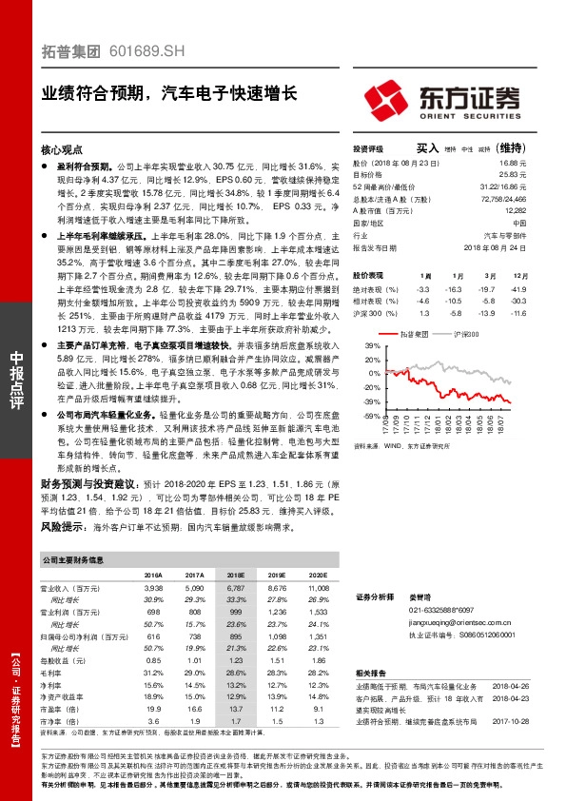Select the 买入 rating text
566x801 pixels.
click(427, 148)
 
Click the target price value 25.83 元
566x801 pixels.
click(513, 175)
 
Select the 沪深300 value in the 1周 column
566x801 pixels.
click(424, 312)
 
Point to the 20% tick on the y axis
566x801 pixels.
click(372, 360)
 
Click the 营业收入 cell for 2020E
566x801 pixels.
click(317, 590)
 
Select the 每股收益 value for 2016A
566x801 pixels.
click(152, 660)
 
